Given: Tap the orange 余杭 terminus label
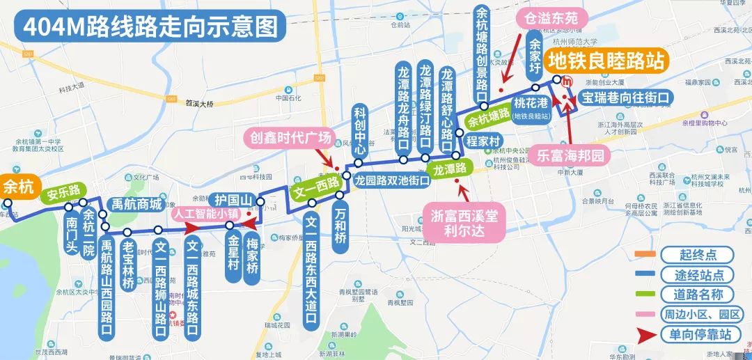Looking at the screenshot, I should [x=18, y=187].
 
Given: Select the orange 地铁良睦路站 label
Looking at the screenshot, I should [x=606, y=61].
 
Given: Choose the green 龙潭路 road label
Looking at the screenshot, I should [x=450, y=169].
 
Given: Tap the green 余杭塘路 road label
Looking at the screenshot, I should [x=488, y=118].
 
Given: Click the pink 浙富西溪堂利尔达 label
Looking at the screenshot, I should [x=464, y=224].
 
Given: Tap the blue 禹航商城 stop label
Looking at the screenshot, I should [x=137, y=205].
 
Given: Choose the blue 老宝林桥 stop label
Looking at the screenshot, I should [x=128, y=265].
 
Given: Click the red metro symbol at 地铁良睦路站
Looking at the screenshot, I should [x=567, y=81].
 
